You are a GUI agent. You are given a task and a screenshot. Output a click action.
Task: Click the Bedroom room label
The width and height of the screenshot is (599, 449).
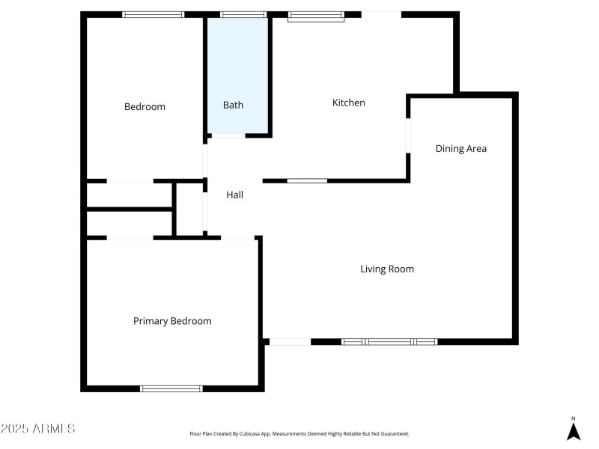(145, 106)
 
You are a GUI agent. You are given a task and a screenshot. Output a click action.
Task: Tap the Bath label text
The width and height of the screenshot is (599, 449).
(233, 106)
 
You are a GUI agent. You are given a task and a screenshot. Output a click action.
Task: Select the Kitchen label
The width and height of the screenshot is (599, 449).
(348, 103)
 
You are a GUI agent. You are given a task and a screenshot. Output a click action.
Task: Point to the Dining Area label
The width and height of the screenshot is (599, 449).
(461, 148)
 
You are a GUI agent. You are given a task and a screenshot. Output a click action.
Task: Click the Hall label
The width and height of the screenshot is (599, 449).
(235, 195)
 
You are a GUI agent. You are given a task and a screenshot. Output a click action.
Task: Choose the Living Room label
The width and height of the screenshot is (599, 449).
(387, 269)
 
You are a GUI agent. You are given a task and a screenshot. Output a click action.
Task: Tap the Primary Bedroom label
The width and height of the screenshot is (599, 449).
(172, 321)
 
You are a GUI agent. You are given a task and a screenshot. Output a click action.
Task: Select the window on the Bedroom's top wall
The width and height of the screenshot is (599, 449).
(153, 14)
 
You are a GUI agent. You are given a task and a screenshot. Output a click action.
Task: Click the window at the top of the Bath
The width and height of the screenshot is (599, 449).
(243, 14)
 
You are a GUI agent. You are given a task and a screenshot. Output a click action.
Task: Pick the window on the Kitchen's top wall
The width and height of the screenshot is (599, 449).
(316, 15)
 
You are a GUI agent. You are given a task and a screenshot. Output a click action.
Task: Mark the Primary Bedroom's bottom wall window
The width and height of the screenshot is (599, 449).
(171, 388)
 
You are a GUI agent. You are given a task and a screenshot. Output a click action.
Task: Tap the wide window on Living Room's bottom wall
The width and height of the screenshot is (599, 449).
(389, 341)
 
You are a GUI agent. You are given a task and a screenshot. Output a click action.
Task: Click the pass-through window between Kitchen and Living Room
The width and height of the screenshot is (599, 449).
(307, 180)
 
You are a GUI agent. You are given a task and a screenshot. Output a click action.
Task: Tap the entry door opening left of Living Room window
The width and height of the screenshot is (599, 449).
(290, 341)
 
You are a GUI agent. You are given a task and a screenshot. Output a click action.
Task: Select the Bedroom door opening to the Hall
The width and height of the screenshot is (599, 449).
(205, 160)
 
